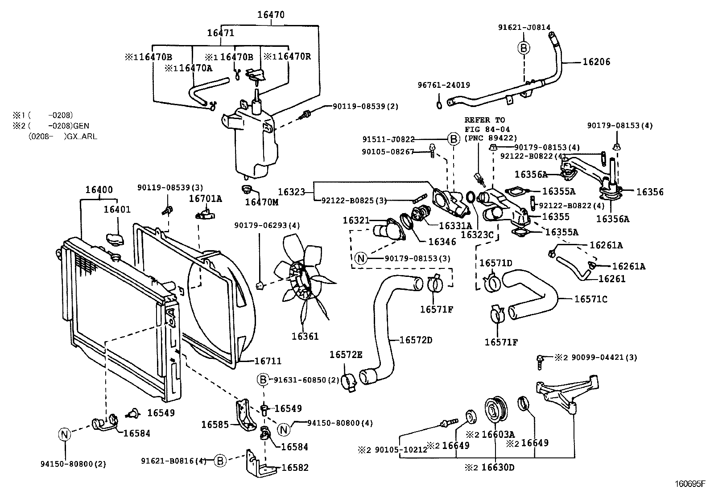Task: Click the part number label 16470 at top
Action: [270, 14]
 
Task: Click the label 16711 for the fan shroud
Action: [268, 361]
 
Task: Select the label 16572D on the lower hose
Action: [416, 340]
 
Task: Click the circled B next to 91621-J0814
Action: [524, 48]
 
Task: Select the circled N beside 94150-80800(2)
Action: [65, 434]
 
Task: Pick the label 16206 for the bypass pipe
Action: [596, 62]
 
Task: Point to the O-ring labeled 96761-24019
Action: [439, 105]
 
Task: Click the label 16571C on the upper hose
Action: [590, 299]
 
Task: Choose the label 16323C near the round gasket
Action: [477, 234]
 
